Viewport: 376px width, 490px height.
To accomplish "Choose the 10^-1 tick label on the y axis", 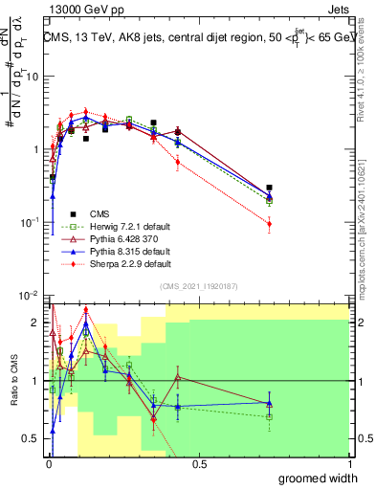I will pos(31,222).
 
